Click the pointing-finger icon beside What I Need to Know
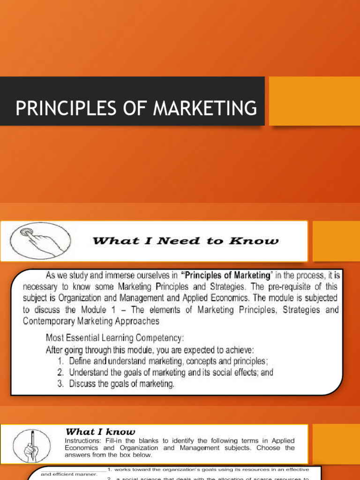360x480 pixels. [x=36, y=240]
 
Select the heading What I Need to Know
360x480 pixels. [x=185, y=241]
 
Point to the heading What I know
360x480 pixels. [x=100, y=432]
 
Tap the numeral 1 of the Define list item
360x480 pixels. [x=60, y=361]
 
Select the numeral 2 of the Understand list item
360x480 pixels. [x=60, y=373]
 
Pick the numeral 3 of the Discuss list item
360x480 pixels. [x=60, y=384]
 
